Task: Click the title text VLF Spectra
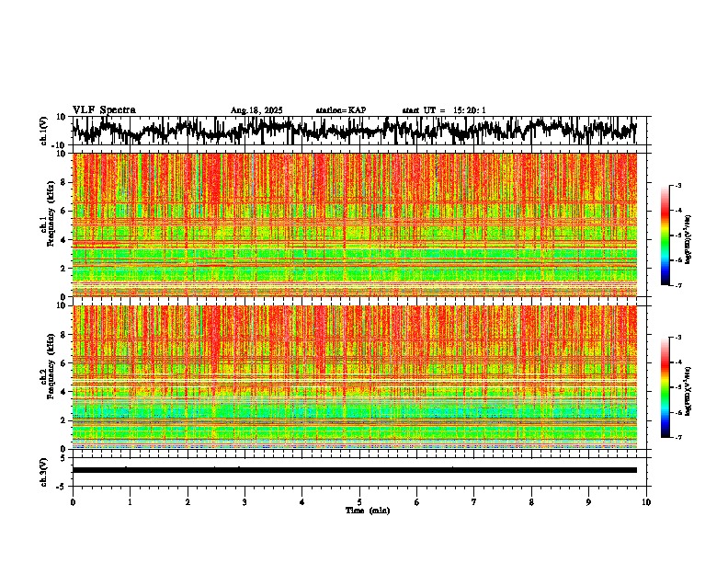(104, 110)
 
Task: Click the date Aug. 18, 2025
(256, 110)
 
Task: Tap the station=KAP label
(340, 110)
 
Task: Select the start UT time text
(444, 110)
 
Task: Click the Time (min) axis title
(367, 510)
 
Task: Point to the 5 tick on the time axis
(359, 501)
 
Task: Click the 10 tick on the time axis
(646, 501)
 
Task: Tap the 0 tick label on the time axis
(73, 501)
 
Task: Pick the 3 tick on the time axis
(245, 501)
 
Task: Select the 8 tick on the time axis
(531, 501)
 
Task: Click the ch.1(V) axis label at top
(44, 132)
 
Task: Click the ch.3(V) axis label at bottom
(44, 470)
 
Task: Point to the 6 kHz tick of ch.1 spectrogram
(63, 211)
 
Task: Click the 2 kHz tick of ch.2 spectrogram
(63, 420)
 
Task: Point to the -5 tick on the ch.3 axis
(61, 485)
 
